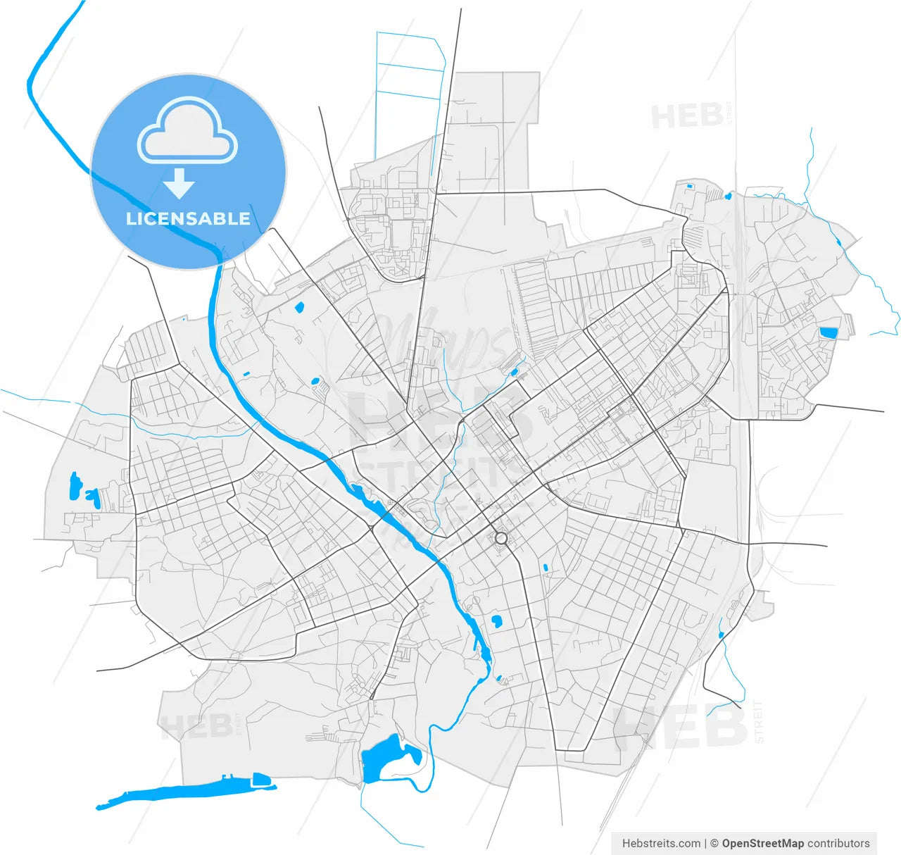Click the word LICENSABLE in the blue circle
pyautogui.click(x=188, y=218)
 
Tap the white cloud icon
pyautogui.click(x=188, y=130)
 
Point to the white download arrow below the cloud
pyautogui.click(x=179, y=184)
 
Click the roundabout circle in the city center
pyautogui.click(x=501, y=538)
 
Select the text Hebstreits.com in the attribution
pyautogui.click(x=661, y=843)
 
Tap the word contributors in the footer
pyautogui.click(x=838, y=843)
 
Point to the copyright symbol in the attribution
pyautogui.click(x=714, y=843)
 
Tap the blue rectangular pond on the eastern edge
pyautogui.click(x=829, y=332)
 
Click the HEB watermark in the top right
pyautogui.click(x=687, y=116)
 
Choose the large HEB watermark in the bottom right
pyautogui.click(x=679, y=725)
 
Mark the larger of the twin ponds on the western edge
pyautogui.click(x=74, y=486)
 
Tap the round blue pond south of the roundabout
pyautogui.click(x=497, y=621)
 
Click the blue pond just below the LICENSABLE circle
pyautogui.click(x=298, y=307)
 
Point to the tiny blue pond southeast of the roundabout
pyautogui.click(x=546, y=567)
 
